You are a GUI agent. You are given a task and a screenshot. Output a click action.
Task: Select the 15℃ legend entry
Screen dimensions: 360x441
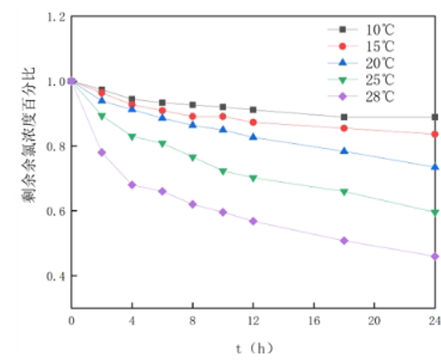point(372,45)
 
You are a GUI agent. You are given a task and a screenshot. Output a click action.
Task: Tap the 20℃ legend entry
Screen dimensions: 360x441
point(372,62)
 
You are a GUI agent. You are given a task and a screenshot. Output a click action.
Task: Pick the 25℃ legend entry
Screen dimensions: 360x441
point(372,79)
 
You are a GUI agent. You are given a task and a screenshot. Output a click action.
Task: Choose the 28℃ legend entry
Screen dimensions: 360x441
point(372,95)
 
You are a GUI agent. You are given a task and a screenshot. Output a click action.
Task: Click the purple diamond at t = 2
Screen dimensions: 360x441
point(102,153)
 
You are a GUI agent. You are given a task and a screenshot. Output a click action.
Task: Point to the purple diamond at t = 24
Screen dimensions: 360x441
point(435,256)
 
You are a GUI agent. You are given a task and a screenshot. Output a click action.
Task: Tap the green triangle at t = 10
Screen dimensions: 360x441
point(223,172)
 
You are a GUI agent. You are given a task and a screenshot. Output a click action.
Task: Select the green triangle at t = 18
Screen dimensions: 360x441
point(344,192)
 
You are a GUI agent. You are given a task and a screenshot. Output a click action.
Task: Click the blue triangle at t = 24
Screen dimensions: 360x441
point(435,167)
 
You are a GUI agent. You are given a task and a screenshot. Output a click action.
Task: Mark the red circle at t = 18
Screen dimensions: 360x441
point(344,128)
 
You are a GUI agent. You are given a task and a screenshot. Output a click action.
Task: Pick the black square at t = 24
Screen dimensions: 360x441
point(435,117)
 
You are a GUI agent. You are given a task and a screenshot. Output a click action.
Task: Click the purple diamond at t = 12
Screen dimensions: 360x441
point(253,220)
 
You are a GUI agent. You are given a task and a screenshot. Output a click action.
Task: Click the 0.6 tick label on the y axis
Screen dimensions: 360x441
point(55,212)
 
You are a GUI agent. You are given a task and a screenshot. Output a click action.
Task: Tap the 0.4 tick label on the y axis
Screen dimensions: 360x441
point(55,276)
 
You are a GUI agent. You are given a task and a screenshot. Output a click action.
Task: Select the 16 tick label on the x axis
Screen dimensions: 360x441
point(314,321)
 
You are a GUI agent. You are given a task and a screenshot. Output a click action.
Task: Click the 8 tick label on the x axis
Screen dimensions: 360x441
point(193,321)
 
